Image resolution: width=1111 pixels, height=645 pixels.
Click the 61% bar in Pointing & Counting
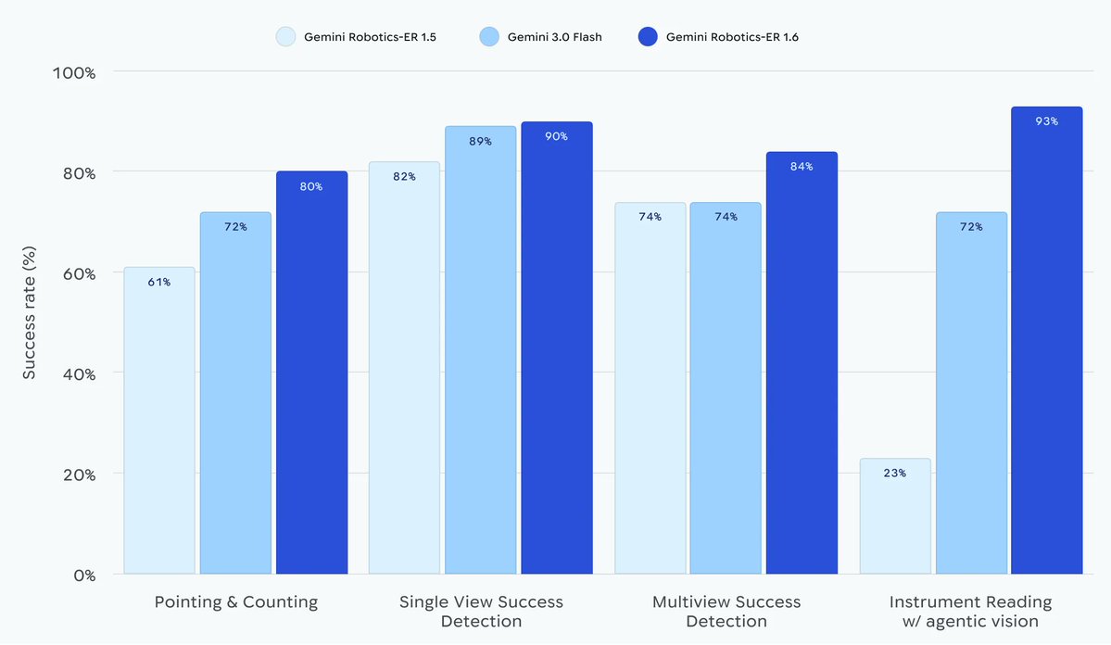[x=159, y=422]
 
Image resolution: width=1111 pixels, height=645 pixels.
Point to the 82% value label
[x=404, y=176]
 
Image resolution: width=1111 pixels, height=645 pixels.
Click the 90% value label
[x=556, y=136]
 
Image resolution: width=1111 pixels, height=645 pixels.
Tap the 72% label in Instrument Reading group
[x=971, y=226]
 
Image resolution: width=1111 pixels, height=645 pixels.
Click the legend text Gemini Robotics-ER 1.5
[x=370, y=37]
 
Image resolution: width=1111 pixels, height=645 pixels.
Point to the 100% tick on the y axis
[x=71, y=72]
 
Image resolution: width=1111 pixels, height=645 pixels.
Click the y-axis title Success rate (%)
[x=30, y=314]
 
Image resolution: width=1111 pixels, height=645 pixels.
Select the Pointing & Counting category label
[x=235, y=602]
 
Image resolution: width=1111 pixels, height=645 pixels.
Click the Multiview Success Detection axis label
[x=726, y=612]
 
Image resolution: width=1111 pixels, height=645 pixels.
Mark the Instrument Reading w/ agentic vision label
[x=970, y=612]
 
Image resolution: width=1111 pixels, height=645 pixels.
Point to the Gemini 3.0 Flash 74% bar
[x=726, y=388]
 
